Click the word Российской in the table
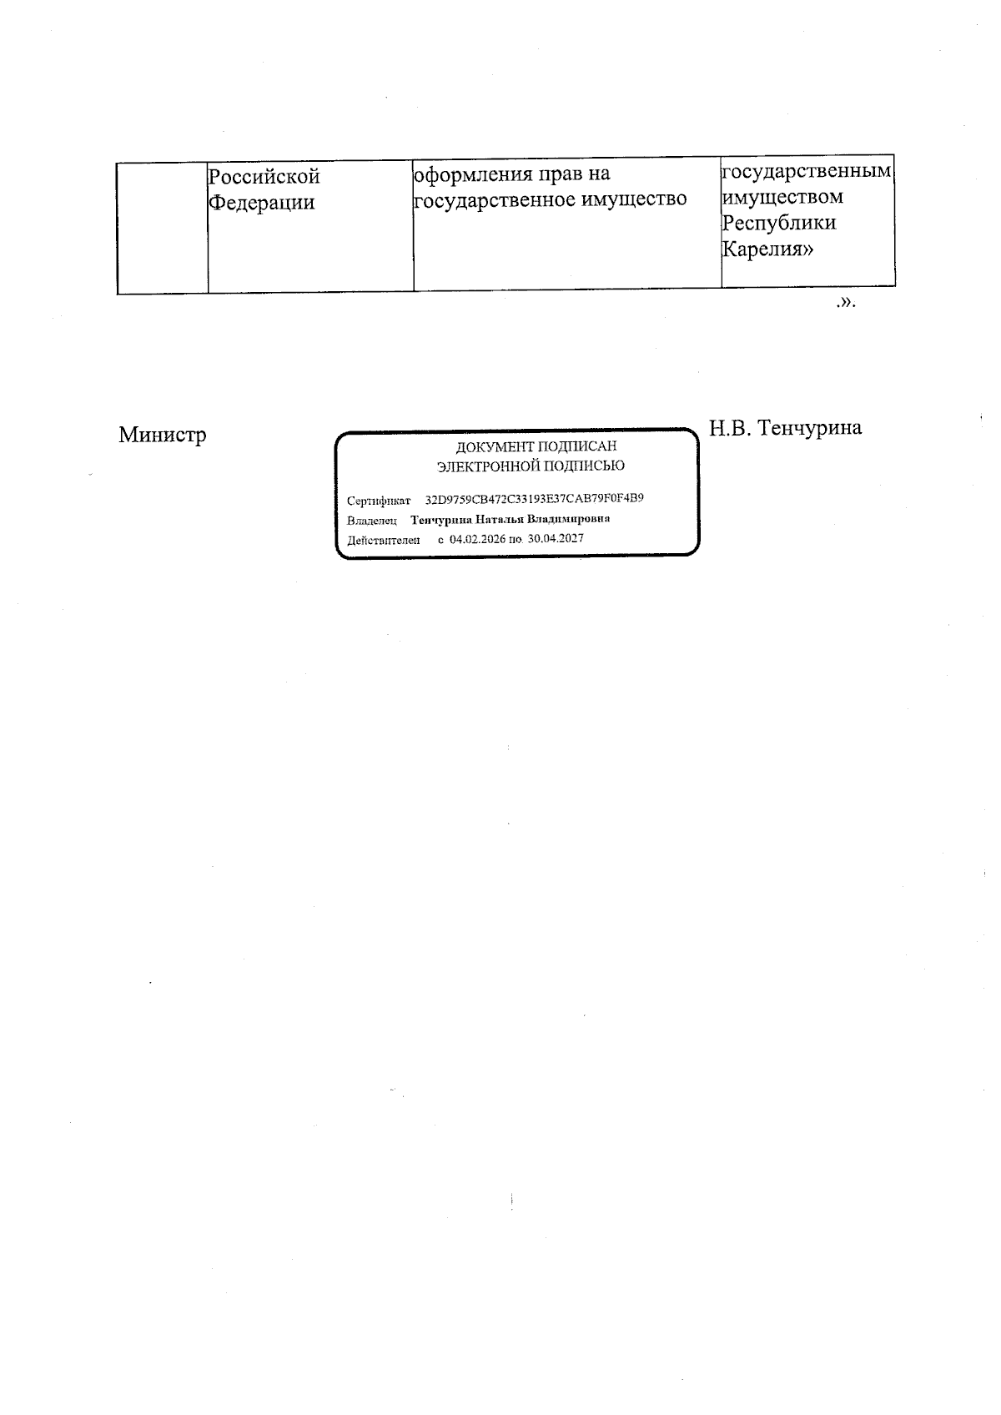click(264, 177)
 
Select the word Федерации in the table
click(261, 203)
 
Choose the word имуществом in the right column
click(782, 198)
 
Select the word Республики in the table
click(779, 224)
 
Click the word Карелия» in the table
click(767, 249)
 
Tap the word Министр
click(163, 435)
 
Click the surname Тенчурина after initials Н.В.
click(810, 428)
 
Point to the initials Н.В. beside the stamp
click(731, 428)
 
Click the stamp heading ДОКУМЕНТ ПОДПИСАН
click(536, 447)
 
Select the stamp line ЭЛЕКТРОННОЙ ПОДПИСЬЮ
click(531, 466)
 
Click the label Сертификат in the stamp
click(379, 501)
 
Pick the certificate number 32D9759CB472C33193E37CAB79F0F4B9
click(535, 499)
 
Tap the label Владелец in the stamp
click(372, 521)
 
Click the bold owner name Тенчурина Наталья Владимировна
click(511, 519)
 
